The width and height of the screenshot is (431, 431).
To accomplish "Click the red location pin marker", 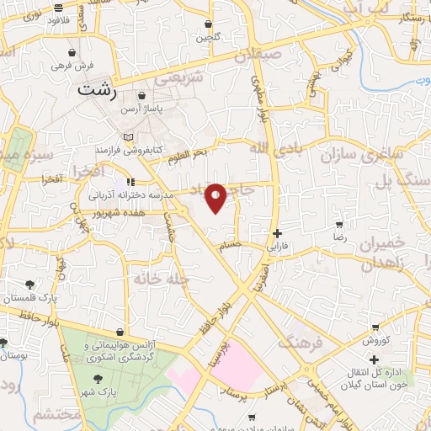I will coord(216,198).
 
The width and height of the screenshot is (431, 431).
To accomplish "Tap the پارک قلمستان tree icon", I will coord(31,285).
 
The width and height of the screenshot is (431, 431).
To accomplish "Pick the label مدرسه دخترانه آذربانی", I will coord(132,194).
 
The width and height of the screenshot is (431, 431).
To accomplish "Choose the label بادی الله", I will coord(269,148).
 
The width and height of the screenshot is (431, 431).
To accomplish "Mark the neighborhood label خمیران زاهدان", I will coord(383,250).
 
